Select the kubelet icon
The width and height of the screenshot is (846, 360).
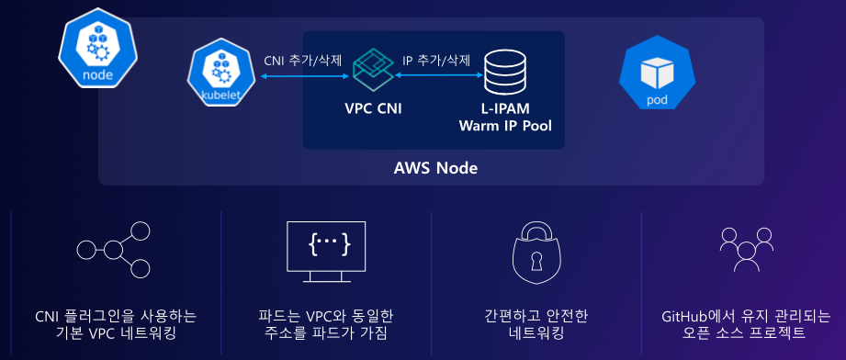[x=220, y=74]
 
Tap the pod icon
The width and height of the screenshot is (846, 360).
[x=657, y=73]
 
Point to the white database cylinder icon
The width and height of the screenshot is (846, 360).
[x=505, y=73]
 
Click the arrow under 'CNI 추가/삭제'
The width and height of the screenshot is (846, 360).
[x=305, y=76]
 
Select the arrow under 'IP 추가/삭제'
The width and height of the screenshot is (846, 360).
[x=438, y=76]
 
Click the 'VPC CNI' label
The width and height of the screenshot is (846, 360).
[x=373, y=108]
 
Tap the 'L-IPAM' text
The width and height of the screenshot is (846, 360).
[x=505, y=108]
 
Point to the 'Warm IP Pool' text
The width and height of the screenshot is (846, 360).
[x=505, y=127]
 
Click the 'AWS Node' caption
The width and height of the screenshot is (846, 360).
[x=436, y=168]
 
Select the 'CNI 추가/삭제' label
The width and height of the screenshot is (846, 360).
[x=303, y=61]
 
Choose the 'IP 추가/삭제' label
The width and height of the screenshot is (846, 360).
[x=436, y=61]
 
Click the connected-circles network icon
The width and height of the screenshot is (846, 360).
[x=114, y=250]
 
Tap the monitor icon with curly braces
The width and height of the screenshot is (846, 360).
[x=326, y=252]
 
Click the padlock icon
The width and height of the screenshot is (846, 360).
[x=536, y=253]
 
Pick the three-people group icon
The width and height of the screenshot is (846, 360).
[x=747, y=250]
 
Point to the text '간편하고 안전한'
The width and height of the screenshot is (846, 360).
[x=536, y=316]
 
